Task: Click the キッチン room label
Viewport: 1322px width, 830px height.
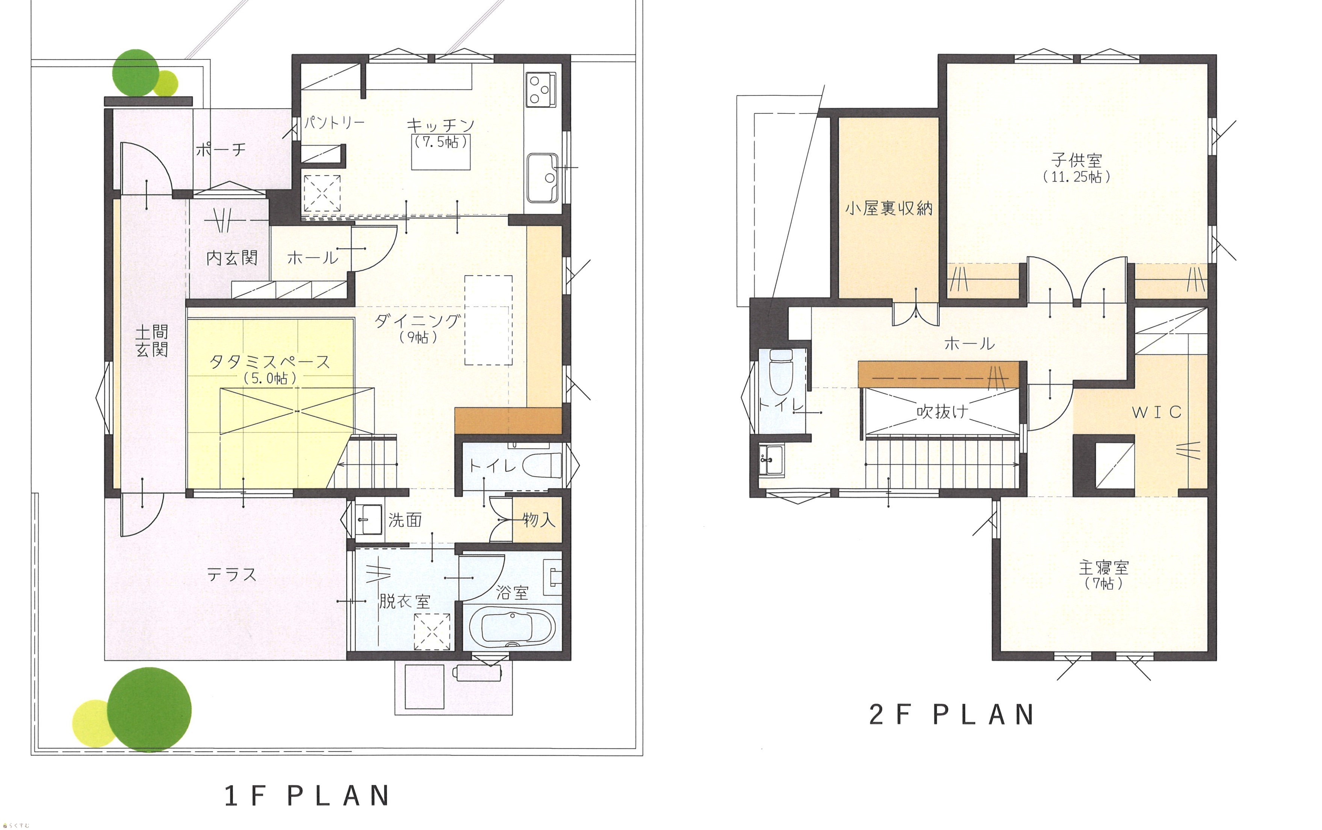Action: pos(440,125)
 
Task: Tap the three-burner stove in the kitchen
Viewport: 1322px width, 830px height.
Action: pos(541,89)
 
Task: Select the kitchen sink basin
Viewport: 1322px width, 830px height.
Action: pos(542,178)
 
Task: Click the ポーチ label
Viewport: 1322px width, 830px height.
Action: pos(221,149)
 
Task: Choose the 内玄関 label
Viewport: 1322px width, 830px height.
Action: pos(232,258)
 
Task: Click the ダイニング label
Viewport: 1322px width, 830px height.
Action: pos(417,321)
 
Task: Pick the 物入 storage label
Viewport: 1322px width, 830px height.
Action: pos(539,520)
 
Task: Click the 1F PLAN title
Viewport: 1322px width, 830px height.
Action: pos(307,796)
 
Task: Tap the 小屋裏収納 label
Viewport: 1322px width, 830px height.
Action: pos(889,208)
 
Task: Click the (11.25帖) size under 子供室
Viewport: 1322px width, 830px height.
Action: pos(1077,177)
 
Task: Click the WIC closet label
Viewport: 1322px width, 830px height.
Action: pos(1157,412)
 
